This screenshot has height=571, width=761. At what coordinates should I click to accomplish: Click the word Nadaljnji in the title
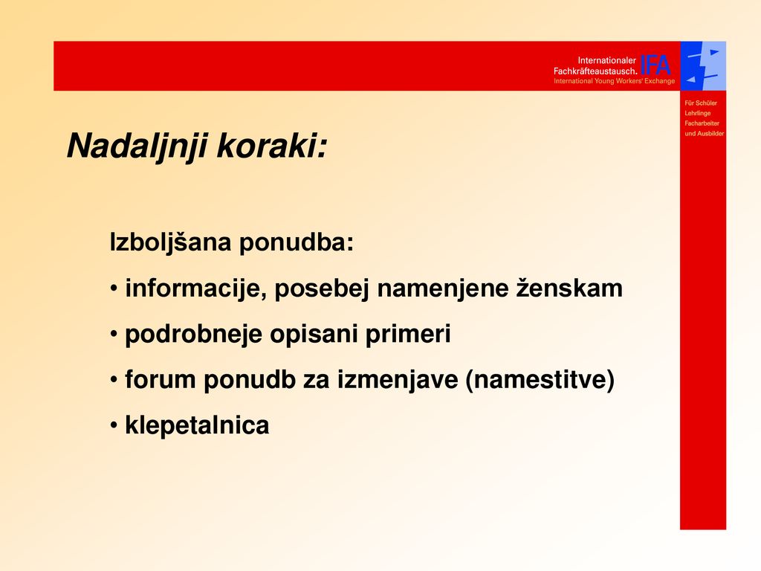coord(137,146)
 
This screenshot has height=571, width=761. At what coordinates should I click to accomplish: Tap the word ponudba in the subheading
coord(297,242)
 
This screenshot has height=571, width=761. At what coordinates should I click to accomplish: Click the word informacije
coord(196,288)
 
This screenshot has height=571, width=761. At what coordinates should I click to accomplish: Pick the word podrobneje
coord(193,335)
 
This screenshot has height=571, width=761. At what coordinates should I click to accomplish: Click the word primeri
coord(408,334)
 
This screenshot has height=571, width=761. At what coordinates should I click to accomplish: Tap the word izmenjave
coord(398,380)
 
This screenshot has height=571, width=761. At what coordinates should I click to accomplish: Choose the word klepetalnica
coord(197,425)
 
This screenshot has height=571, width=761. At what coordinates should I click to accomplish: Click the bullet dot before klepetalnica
coord(114,426)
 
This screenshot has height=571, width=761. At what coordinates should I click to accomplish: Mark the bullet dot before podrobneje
coord(114,335)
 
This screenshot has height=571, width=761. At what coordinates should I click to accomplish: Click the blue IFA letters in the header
coord(655,65)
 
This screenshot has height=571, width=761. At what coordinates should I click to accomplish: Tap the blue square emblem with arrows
coord(703,66)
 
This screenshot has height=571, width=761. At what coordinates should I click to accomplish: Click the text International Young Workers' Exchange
coord(614,81)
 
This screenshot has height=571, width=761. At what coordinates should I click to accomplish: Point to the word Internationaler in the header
coord(606,61)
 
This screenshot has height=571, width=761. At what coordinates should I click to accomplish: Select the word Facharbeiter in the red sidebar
coord(702,123)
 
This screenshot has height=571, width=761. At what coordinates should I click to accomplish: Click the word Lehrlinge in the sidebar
coord(697,113)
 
